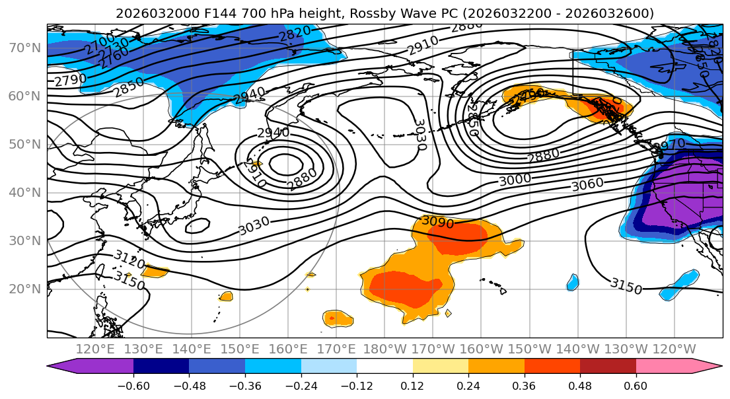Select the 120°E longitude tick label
pos(95,349)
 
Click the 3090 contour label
pos(437,222)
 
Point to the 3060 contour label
pos(587,185)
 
